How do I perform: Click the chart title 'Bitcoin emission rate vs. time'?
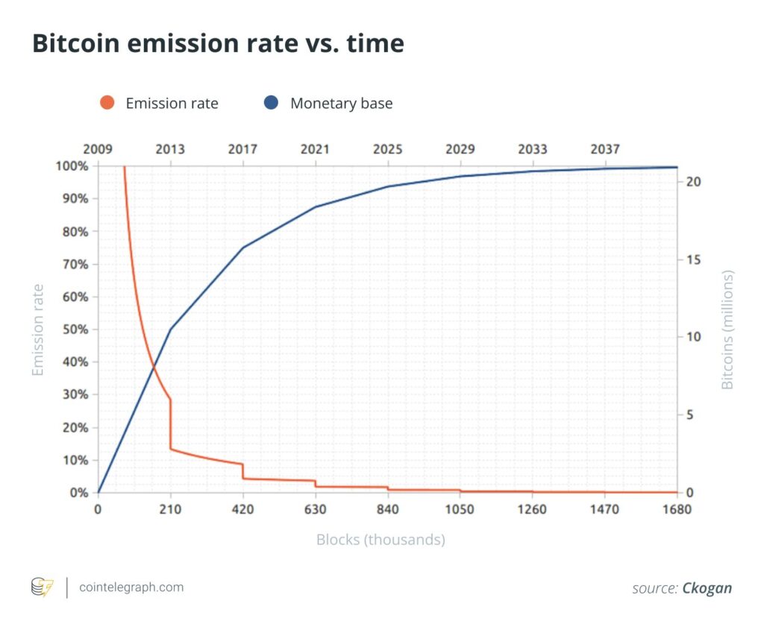(218, 44)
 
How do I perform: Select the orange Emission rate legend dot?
(107, 103)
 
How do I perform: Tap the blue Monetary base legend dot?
(272, 103)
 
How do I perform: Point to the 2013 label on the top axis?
(170, 149)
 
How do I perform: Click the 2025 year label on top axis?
(387, 149)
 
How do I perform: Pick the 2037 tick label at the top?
(604, 149)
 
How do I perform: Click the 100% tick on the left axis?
(72, 166)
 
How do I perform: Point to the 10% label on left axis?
(75, 460)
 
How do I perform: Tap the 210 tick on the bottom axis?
(170, 510)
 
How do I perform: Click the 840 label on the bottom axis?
(387, 510)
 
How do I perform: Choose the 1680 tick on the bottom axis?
(677, 510)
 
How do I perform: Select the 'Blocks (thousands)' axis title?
(381, 539)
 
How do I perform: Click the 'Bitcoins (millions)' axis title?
(727, 329)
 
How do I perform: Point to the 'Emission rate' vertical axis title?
(37, 329)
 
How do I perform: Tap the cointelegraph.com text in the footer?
(131, 587)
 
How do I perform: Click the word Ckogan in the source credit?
(707, 588)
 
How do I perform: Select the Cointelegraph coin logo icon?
(42, 588)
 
